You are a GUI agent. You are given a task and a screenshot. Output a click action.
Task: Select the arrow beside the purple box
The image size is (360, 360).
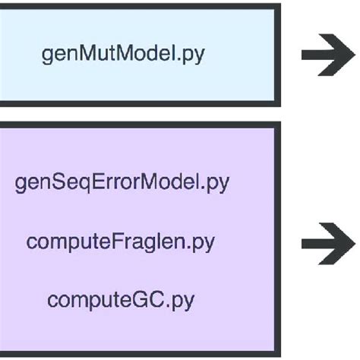(x=329, y=243)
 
